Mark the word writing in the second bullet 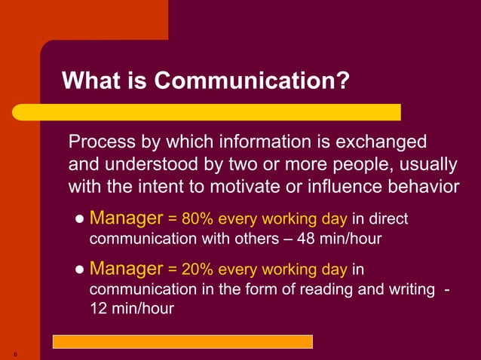pyautogui.click(x=406, y=289)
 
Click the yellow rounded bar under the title pyautogui.click(x=227, y=112)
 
